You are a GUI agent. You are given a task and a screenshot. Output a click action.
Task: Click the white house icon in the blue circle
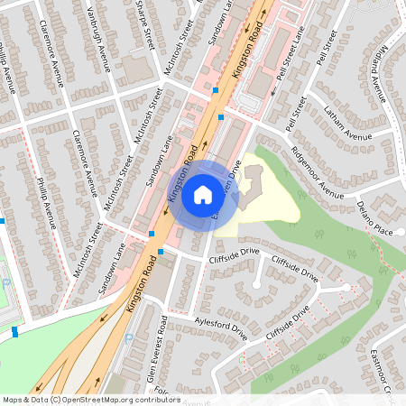click(x=203, y=194)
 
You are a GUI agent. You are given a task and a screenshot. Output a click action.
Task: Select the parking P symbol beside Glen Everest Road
click(x=129, y=337)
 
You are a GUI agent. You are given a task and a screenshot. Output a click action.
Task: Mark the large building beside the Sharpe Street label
click(x=135, y=69)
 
